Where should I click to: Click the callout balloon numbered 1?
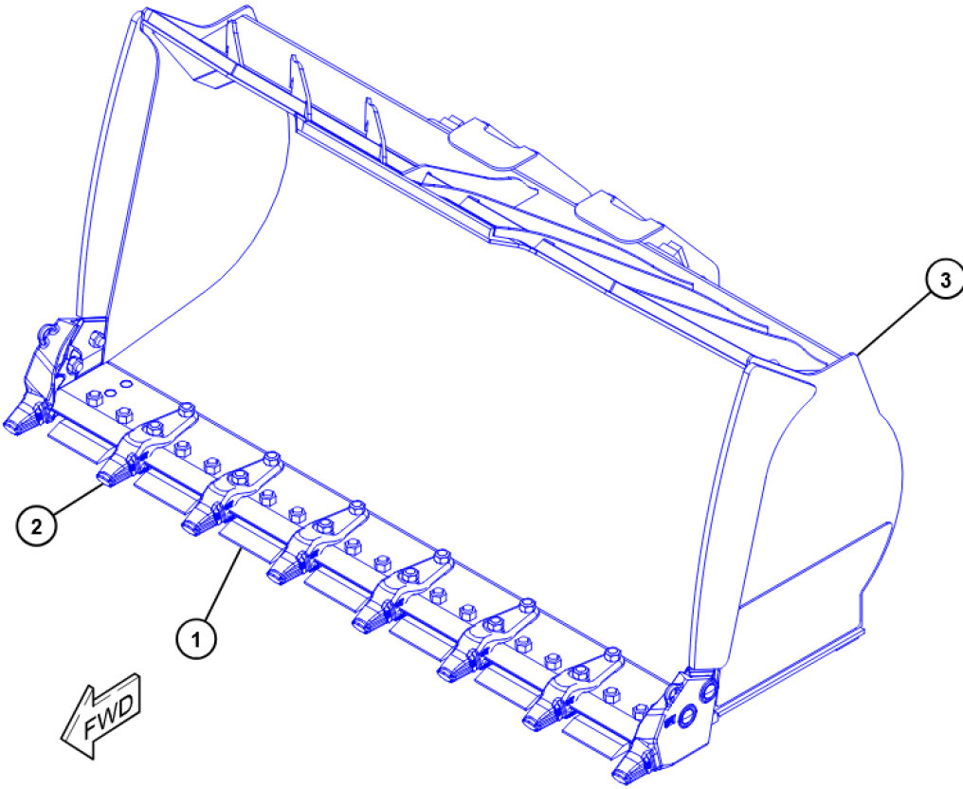pos(196,640)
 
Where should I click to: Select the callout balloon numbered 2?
pos(36,526)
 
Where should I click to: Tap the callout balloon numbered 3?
pos(945,280)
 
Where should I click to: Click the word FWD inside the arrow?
pos(108,718)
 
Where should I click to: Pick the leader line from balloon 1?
pos(221,585)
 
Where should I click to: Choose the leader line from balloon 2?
pos(78,499)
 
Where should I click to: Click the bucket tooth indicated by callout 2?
pos(114,474)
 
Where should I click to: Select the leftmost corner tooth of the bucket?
pos(23,420)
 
